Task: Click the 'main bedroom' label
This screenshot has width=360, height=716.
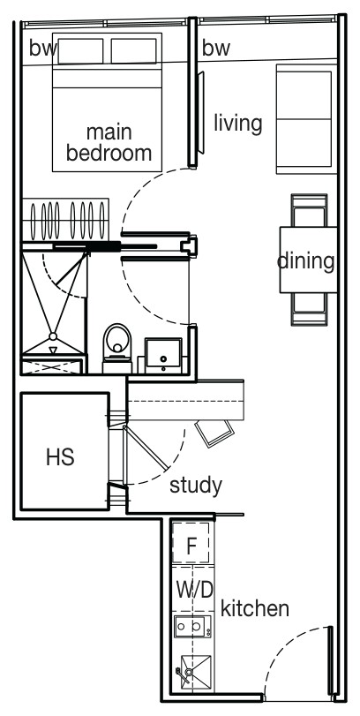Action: (x=109, y=142)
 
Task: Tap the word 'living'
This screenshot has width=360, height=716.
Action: (x=238, y=124)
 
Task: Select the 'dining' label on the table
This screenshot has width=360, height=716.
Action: (x=305, y=261)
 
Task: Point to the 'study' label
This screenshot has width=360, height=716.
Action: (x=196, y=486)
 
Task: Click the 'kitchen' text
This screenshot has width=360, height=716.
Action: (x=255, y=607)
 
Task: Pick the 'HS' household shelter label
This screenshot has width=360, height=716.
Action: (x=60, y=456)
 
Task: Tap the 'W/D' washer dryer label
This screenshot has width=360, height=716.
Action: (x=195, y=591)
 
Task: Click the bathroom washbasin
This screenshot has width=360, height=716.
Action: (x=163, y=355)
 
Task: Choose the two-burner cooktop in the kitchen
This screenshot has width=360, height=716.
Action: (x=192, y=627)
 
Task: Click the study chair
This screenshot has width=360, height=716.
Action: (x=214, y=433)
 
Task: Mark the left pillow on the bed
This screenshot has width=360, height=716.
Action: (x=80, y=51)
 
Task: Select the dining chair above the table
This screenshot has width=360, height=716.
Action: (x=310, y=210)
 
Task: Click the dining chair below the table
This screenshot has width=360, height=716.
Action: (x=310, y=309)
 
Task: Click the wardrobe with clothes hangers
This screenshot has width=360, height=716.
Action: (x=65, y=219)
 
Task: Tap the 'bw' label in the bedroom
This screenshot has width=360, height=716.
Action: (x=43, y=48)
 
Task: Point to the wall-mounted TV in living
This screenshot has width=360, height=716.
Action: (x=201, y=113)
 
